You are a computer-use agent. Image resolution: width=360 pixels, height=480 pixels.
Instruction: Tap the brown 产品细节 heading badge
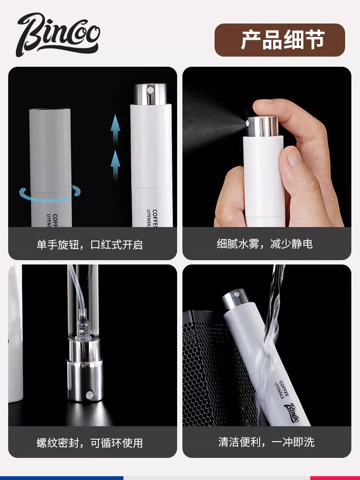pyautogui.click(x=279, y=40)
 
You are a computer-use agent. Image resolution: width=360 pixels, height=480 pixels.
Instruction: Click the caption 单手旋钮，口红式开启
pyautogui.click(x=90, y=244)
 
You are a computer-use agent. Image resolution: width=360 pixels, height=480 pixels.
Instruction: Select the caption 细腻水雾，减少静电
pyautogui.click(x=264, y=244)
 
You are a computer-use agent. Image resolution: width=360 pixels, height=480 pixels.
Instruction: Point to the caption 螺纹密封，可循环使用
pyautogui.click(x=90, y=443)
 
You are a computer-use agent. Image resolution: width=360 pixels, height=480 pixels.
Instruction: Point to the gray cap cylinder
pyautogui.click(x=50, y=149)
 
